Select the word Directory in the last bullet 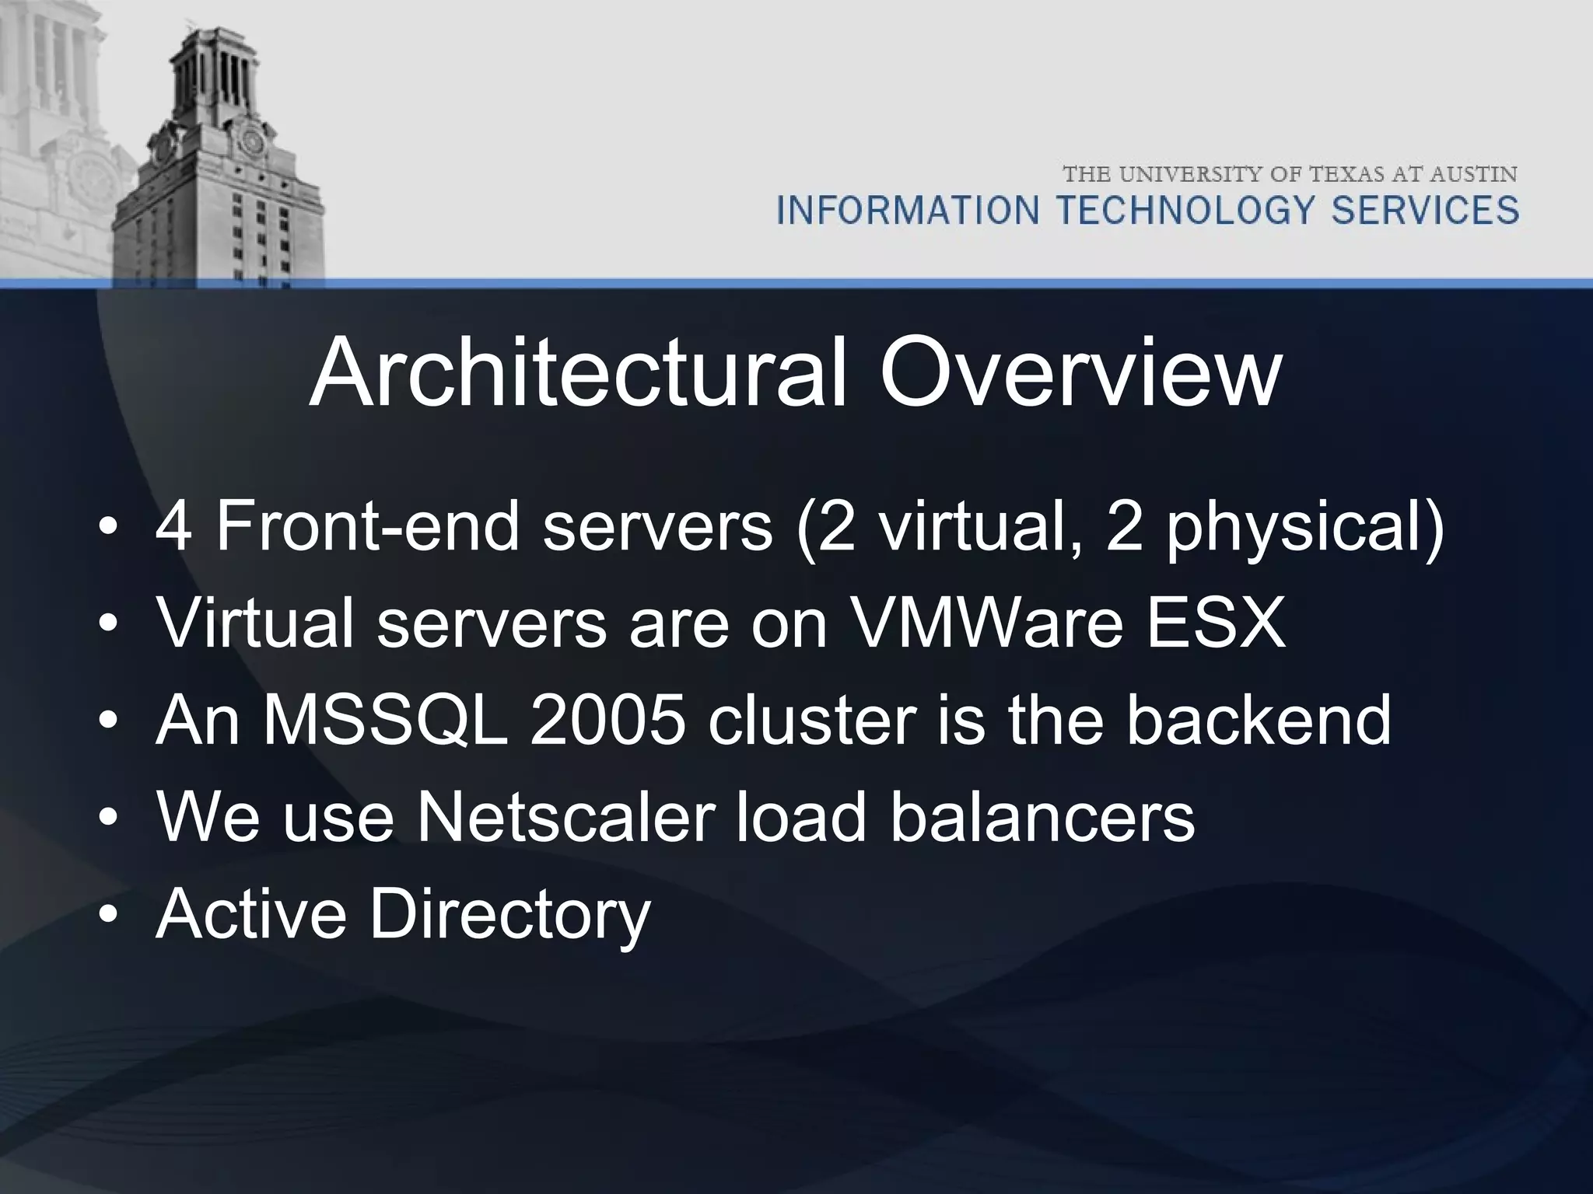pyautogui.click(x=509, y=914)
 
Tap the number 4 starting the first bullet pyautogui.click(x=173, y=527)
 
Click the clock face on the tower pyautogui.click(x=250, y=142)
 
